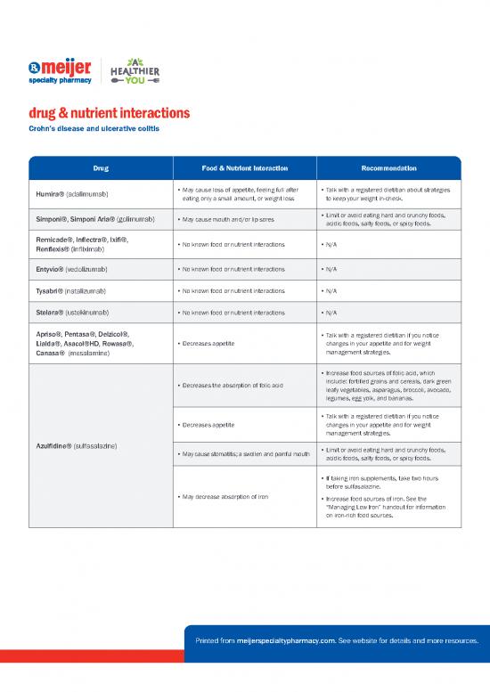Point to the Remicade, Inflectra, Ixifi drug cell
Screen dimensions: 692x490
tap(83, 244)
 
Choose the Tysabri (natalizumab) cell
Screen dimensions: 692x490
tap(72, 291)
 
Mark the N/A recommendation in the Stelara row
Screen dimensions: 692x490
tap(328, 314)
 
